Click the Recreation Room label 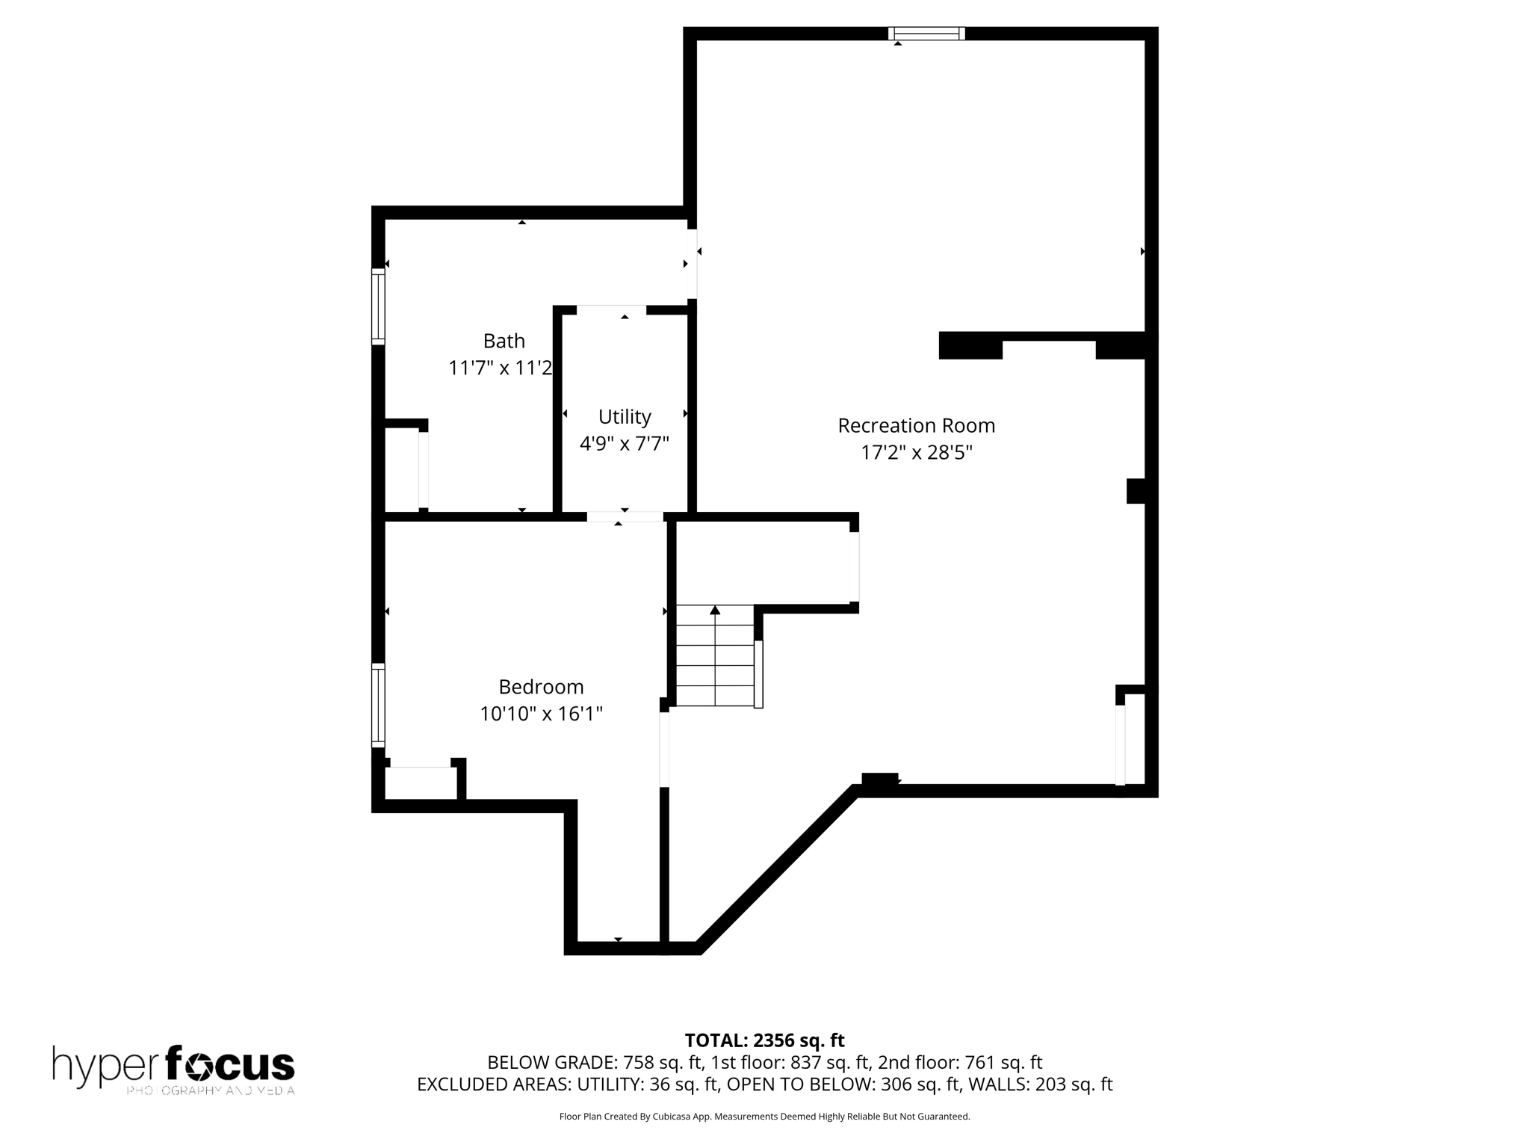(x=916, y=425)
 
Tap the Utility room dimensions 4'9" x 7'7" (x=624, y=444)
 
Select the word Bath (x=504, y=341)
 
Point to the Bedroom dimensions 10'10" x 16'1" (x=541, y=714)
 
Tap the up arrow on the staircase (x=715, y=611)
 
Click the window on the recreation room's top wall (x=926, y=33)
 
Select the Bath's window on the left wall (x=378, y=306)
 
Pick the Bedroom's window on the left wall (x=378, y=705)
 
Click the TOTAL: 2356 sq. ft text (x=764, y=1040)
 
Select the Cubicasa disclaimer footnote (x=764, y=1117)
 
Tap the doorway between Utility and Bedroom (x=625, y=516)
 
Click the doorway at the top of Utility (x=611, y=309)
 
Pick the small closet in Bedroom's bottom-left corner (x=421, y=783)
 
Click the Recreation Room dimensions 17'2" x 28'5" (x=916, y=453)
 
